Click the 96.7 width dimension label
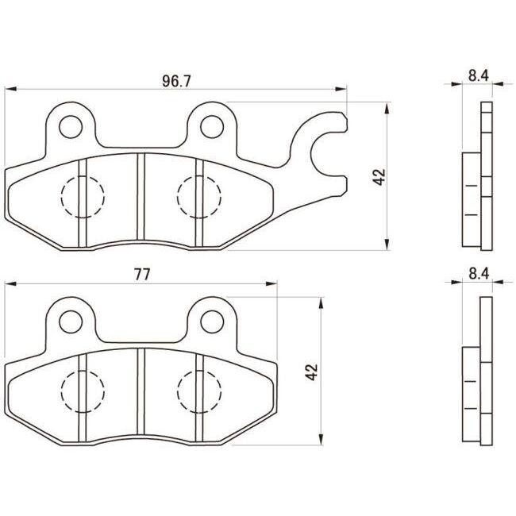point(176,81)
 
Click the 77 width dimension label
point(142,275)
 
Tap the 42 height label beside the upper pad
point(379,177)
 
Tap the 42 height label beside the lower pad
point(312,372)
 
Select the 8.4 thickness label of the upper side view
point(479,75)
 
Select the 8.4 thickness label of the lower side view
point(479,273)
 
